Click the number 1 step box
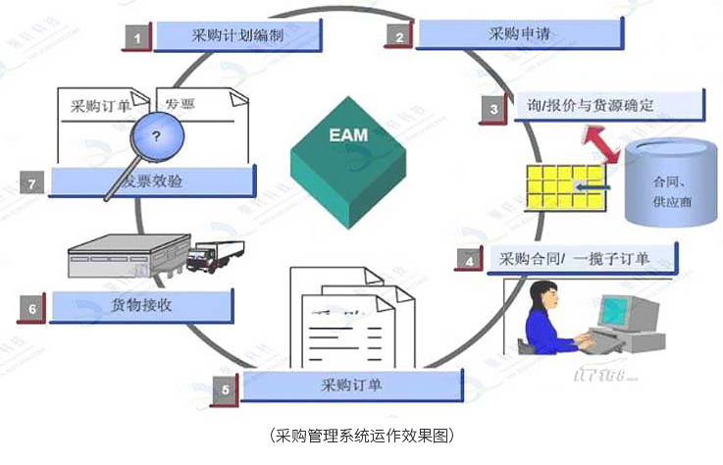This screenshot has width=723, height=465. tap(136, 37)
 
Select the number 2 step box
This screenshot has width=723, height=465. tap(398, 37)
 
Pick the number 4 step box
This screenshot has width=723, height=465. tap(470, 261)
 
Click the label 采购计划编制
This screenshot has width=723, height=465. tap(239, 35)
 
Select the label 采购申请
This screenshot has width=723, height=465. tap(520, 35)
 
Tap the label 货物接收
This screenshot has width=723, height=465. tap(142, 305)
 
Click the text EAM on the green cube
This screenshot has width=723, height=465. tap(348, 133)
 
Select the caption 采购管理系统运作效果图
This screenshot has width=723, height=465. tap(362, 436)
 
